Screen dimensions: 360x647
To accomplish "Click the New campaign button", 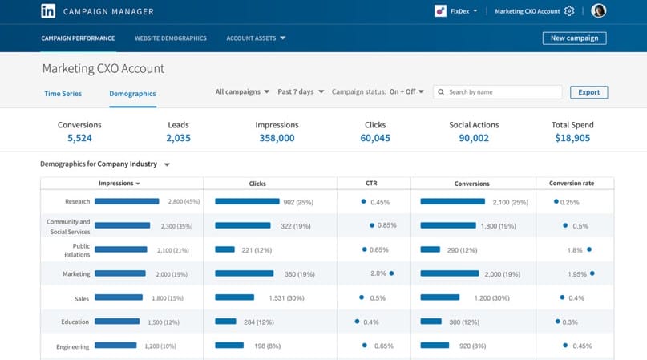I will point(574,38).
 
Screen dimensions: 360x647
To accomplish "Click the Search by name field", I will point(497,92).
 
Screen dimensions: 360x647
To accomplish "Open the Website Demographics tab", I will point(170,38).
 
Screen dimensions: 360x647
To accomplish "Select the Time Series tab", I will point(63,94).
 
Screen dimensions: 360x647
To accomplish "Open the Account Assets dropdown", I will point(256,38).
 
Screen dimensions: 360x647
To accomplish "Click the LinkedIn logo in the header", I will point(48,11).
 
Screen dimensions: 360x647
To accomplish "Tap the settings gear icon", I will point(569,11).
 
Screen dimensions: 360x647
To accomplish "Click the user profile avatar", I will point(598,11).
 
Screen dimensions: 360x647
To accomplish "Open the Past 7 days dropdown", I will point(301,91).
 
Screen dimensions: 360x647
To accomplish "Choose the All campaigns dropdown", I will point(242,91).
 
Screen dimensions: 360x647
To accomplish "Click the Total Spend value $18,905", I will point(572,138).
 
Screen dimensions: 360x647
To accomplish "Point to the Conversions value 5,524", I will point(79,138).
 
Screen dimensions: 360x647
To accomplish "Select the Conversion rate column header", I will point(572,184).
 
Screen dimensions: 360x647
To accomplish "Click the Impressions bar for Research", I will point(127,202).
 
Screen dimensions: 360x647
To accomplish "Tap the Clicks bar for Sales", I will point(234,297).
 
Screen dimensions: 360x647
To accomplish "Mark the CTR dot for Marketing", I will point(391,273).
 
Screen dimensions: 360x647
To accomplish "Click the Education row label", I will point(75,322).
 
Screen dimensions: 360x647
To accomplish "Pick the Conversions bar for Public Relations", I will point(430,249).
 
